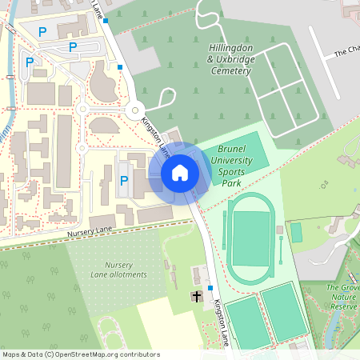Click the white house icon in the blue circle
point(179,172)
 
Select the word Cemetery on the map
point(231,71)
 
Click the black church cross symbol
point(197,297)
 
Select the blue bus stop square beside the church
point(210,287)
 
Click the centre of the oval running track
point(250,239)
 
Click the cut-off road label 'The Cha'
point(347,52)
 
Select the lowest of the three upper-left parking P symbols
point(30,62)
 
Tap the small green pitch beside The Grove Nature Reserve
point(296,232)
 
